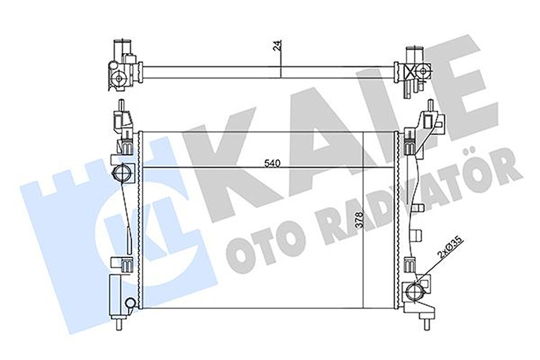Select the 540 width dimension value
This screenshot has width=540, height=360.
click(x=270, y=163)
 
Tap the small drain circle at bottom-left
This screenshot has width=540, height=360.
click(x=130, y=303)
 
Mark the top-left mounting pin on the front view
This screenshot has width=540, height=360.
click(x=121, y=104)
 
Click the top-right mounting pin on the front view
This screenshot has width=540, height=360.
click(x=430, y=104)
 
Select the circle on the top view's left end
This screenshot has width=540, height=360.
click(x=119, y=78)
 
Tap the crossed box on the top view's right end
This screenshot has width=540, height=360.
click(x=409, y=71)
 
